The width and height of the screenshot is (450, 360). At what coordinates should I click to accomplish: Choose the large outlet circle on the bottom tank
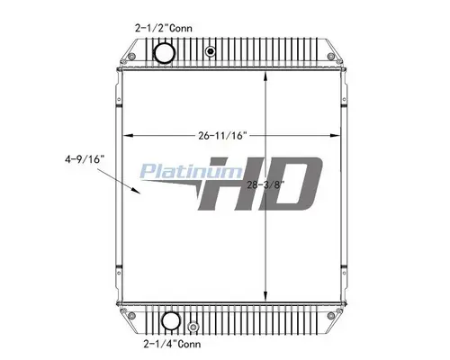pyautogui.click(x=168, y=320)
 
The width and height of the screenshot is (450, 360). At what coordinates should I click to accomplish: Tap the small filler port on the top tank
pyautogui.click(x=210, y=51)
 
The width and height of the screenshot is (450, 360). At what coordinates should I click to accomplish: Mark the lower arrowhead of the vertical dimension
pyautogui.click(x=265, y=300)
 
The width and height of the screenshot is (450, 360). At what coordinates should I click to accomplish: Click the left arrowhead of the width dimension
pyautogui.click(x=126, y=136)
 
